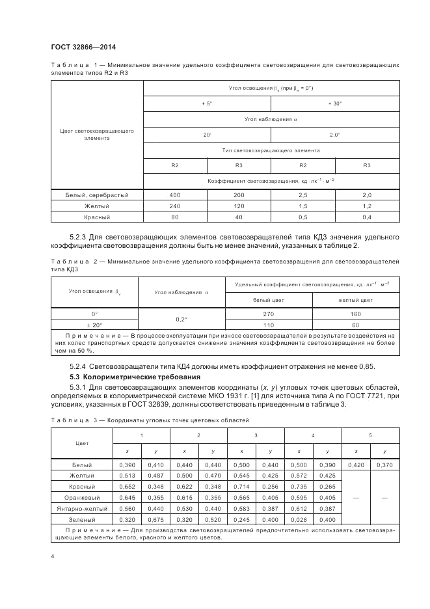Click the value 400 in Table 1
tap(174, 195)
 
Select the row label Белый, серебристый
tap(96, 195)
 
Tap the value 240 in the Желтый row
tap(174, 206)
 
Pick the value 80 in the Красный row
tap(174, 217)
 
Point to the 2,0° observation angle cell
tap(335, 135)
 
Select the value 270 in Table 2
tap(269, 313)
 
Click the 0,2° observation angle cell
tap(181, 319)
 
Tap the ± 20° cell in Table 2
tap(94, 324)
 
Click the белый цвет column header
tap(269, 300)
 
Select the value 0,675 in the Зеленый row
tap(155, 520)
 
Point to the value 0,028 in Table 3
tap(298, 520)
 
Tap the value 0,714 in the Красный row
tap(241, 487)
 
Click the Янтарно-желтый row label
tap(82, 509)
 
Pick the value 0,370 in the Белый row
tap(384, 465)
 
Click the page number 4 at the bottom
tap(53, 557)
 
